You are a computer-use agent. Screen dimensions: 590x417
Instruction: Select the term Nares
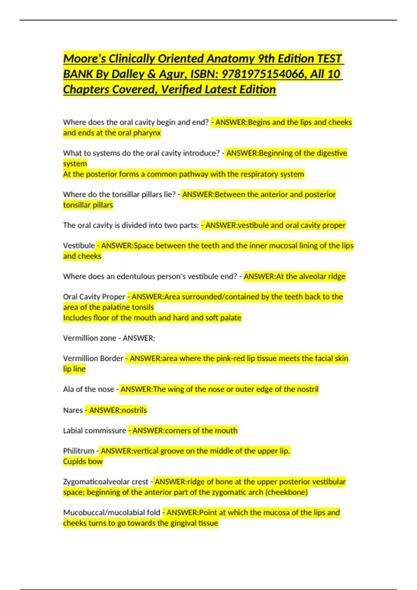[x=73, y=410]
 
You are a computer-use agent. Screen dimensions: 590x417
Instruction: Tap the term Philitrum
[x=79, y=451]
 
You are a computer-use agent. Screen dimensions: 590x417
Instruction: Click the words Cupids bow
[x=83, y=462]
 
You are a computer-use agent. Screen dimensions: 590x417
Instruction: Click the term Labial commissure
[x=95, y=431]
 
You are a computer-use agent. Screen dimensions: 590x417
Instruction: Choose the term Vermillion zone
[x=89, y=338]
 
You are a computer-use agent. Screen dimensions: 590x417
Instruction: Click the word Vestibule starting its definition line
[x=79, y=246]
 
